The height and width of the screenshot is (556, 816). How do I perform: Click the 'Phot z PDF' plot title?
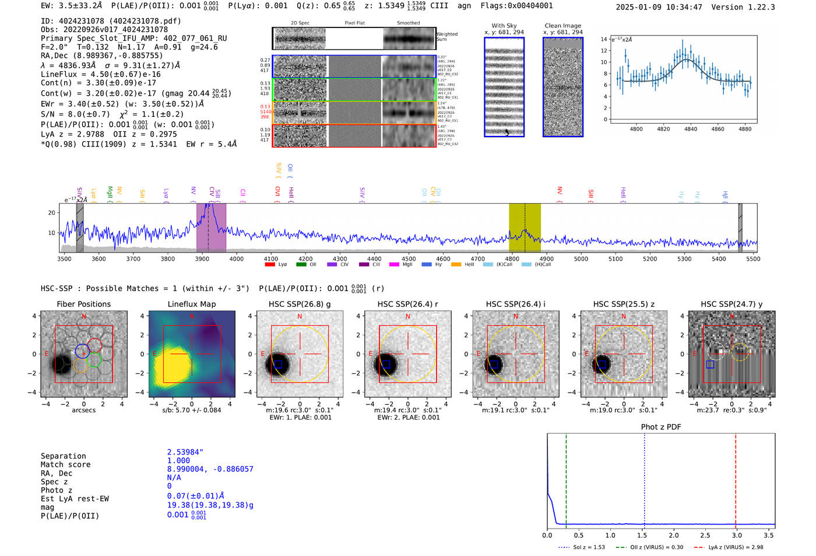click(x=661, y=427)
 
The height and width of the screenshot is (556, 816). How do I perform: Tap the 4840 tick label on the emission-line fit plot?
click(x=691, y=129)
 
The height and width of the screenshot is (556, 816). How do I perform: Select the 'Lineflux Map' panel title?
click(x=192, y=304)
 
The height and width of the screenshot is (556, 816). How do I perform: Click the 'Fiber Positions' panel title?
click(x=84, y=304)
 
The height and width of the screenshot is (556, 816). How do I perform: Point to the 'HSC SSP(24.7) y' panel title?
click(x=731, y=304)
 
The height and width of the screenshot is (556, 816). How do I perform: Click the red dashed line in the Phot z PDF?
click(x=736, y=478)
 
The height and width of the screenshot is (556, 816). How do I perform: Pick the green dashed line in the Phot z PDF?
click(x=566, y=478)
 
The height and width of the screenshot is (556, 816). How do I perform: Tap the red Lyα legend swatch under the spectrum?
click(x=270, y=265)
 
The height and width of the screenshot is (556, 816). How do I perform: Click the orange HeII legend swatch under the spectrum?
click(x=456, y=265)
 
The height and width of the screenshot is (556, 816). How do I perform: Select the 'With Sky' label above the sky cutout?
click(x=504, y=26)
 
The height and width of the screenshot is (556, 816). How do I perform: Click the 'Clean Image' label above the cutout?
click(x=562, y=26)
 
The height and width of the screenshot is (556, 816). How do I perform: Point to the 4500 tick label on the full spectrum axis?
click(x=409, y=259)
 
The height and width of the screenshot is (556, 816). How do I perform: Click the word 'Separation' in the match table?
click(x=64, y=456)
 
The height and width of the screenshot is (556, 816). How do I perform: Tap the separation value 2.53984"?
click(x=185, y=452)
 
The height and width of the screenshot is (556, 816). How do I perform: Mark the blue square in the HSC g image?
click(x=278, y=364)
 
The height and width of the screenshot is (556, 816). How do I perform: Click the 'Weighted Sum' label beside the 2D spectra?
click(x=446, y=37)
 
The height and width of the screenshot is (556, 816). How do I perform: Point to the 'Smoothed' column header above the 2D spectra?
click(x=408, y=23)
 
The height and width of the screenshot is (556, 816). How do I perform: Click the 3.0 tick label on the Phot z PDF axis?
click(x=737, y=535)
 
